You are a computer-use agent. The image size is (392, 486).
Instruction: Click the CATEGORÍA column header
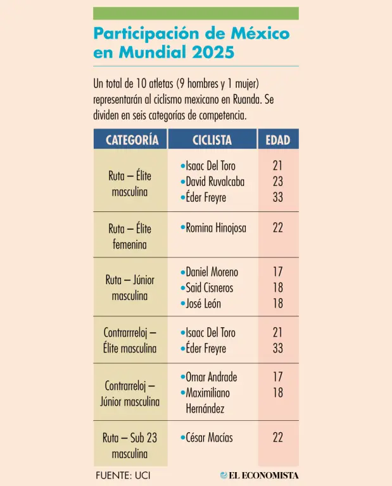132,140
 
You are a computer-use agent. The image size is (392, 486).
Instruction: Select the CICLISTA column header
212,140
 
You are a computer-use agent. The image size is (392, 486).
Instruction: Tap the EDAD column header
278,140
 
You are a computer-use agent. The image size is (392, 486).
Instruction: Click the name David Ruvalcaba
215,182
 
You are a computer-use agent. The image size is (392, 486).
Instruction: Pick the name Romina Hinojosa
216,228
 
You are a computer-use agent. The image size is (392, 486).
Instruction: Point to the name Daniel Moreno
212,272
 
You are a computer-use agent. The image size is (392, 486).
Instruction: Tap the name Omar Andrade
211,377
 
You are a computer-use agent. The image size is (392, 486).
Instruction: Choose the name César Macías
209,437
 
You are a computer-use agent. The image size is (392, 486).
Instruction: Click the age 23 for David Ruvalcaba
278,182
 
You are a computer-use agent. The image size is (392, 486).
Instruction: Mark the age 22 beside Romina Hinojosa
278,228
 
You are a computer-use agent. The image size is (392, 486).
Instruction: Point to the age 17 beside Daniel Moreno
278,272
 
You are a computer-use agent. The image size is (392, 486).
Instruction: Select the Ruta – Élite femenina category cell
130,236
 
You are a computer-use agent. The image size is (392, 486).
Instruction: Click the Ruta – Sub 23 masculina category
130,445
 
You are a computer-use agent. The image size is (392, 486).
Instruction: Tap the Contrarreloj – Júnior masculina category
130,393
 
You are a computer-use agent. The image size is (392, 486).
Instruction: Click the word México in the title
262,33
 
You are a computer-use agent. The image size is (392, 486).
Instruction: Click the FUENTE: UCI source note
123,475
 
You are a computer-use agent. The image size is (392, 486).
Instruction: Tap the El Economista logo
260,475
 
